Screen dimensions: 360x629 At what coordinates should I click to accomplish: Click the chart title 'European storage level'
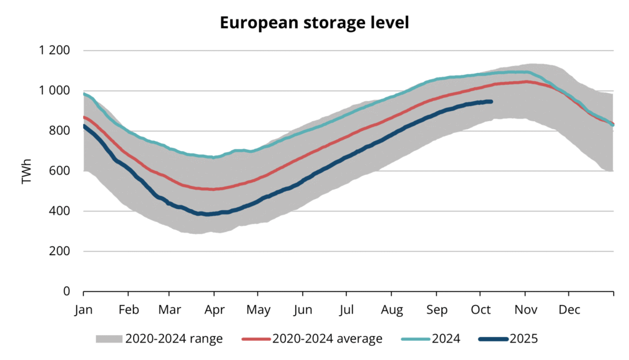314,23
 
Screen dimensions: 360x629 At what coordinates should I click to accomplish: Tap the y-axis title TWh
26,170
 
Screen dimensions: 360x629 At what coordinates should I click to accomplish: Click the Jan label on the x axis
84,309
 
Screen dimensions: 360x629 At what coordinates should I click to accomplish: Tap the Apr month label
214,309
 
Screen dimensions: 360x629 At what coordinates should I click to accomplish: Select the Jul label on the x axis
347,309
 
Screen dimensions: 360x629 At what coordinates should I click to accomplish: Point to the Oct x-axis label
480,309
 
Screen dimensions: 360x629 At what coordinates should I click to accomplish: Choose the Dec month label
569,309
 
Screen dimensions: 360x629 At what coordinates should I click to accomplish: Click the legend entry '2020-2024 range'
173,339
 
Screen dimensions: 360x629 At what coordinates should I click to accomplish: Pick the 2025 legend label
523,339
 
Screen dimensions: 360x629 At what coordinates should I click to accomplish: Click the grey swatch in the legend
109,339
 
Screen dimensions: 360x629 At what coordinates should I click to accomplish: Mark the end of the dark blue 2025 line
492,101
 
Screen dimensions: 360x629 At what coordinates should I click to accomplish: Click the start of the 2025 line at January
84,126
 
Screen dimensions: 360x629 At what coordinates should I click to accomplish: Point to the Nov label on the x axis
525,309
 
